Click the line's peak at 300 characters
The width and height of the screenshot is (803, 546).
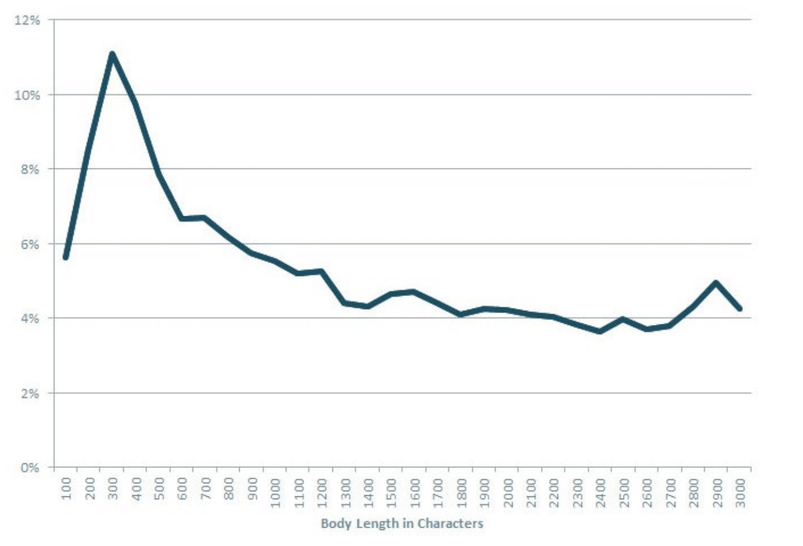point(112,54)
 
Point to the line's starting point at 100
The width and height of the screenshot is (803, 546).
point(66,257)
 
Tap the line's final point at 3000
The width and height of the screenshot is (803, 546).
point(739,308)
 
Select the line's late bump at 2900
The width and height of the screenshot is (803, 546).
point(716,282)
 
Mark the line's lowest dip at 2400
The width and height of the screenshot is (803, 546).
point(600,331)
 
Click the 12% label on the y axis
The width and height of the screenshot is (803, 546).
point(27,20)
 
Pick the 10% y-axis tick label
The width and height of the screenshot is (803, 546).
point(27,95)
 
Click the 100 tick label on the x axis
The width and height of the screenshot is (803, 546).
point(66,488)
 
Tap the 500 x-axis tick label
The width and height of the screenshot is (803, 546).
point(159,488)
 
